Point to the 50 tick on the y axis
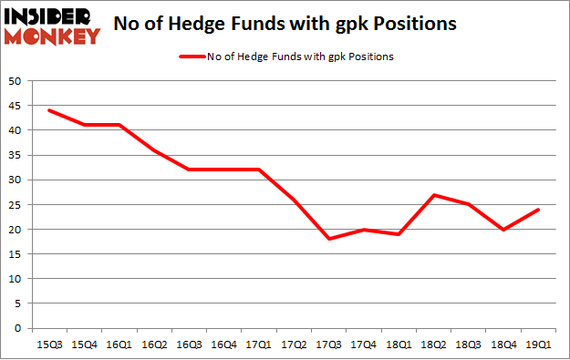15,81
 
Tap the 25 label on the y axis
15,204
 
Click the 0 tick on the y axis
18,328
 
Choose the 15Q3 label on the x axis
48,345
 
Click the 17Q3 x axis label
329,345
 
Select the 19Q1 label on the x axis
539,345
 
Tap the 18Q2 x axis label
434,345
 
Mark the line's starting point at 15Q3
48,110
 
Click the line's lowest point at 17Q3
329,239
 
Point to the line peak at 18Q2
434,195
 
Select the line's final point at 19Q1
539,210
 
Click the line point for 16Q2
154,150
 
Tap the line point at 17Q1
259,170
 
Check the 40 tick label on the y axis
15,130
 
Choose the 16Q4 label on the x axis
224,345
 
